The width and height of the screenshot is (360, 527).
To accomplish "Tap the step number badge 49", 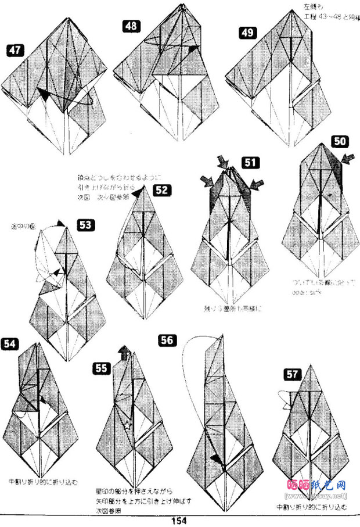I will coord(247,33).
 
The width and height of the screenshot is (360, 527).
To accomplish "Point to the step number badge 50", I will coord(340,141).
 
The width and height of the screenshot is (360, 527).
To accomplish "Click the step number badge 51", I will coord(250,163).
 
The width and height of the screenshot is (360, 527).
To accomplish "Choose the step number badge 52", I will coord(162,190).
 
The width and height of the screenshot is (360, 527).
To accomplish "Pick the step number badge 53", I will coord(85,224).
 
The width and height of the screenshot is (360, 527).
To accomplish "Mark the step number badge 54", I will coord(10,343).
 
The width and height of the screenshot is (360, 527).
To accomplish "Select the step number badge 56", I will coord(167,340).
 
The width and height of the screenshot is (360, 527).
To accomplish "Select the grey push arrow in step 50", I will coord(348,157).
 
